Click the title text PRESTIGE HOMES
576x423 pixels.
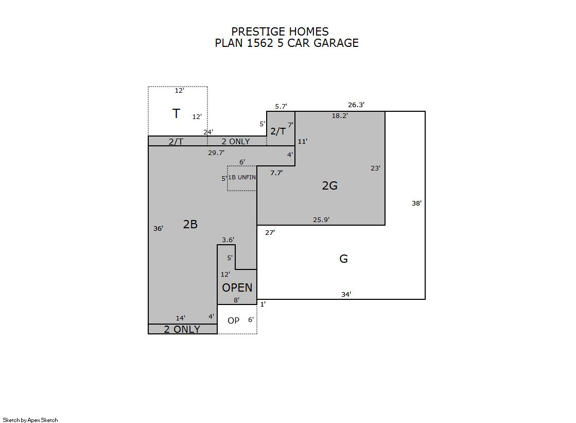[280, 31]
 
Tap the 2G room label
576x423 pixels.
[329, 185]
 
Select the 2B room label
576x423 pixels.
[190, 224]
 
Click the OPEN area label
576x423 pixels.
[237, 287]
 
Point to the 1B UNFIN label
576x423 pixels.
[242, 177]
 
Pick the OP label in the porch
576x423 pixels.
[233, 320]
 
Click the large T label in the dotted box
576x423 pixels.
[177, 114]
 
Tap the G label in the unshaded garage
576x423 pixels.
[343, 259]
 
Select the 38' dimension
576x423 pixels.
[416, 203]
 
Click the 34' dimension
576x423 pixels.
[346, 294]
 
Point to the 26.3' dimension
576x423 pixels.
[356, 105]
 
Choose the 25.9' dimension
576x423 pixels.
[321, 219]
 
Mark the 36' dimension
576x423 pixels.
[159, 228]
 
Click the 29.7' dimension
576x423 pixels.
[216, 153]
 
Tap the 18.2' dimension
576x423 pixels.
[340, 116]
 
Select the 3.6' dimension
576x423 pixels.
[228, 240]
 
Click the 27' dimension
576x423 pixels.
[270, 232]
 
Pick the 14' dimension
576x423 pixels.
[180, 318]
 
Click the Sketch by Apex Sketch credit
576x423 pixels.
[30, 420]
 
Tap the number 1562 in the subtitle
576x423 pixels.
[260, 43]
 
